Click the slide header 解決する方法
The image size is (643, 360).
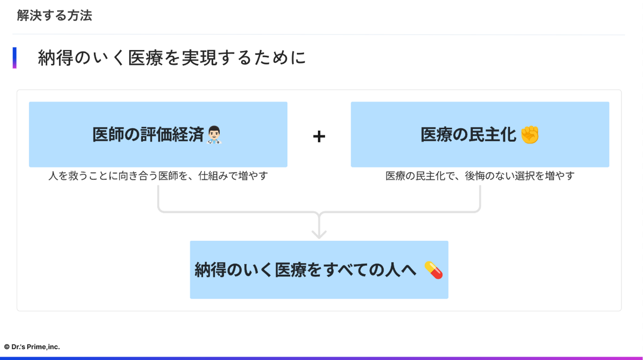[x=54, y=16]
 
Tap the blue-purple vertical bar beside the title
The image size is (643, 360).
[x=15, y=58]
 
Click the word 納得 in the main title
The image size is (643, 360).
[x=53, y=58]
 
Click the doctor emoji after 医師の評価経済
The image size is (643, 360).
[x=215, y=134]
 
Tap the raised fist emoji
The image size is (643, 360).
[x=530, y=134]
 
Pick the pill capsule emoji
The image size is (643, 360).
[x=433, y=270]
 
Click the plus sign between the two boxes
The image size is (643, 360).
[x=319, y=136]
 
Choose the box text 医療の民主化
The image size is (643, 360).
[x=468, y=134]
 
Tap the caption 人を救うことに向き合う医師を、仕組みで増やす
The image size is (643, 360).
[x=158, y=176]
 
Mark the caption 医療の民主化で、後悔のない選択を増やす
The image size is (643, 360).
[x=480, y=176]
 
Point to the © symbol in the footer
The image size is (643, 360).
[x=7, y=347]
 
